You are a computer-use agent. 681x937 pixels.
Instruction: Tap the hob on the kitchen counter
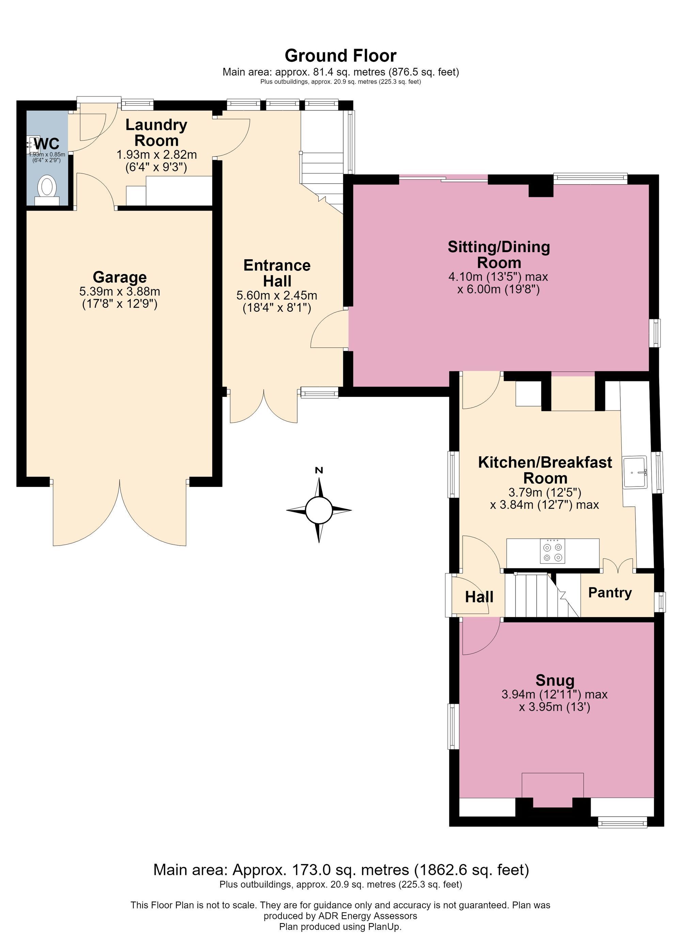(x=553, y=552)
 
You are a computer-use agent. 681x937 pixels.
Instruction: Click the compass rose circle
(x=319, y=510)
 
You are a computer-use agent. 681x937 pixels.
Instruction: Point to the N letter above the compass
(x=319, y=470)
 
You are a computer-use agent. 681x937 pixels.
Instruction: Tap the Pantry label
(x=610, y=593)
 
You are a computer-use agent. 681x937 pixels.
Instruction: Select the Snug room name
(x=555, y=680)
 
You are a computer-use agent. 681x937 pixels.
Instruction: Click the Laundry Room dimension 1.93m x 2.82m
(x=157, y=155)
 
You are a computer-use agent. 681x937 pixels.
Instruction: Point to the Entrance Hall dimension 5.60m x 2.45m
(x=277, y=295)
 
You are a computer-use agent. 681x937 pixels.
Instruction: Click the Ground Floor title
(x=341, y=55)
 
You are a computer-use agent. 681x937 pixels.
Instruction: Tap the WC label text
(x=47, y=144)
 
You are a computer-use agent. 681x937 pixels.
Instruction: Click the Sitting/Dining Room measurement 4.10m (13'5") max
(x=498, y=276)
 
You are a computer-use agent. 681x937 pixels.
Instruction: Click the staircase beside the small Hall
(x=542, y=595)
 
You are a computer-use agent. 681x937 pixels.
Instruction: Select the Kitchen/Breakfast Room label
(x=545, y=470)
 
